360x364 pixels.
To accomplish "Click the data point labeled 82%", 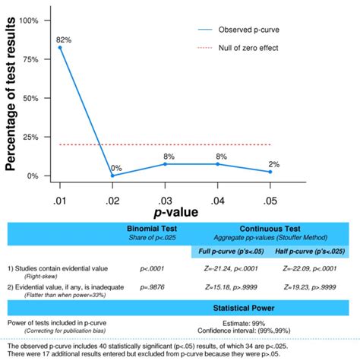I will click(61, 48).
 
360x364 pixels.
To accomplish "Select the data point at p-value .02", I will click(113, 176).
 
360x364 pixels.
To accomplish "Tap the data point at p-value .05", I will click(270, 172).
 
